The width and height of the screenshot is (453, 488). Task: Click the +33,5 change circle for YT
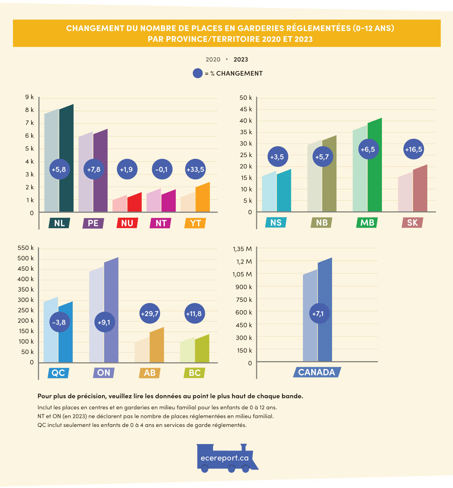coord(195,170)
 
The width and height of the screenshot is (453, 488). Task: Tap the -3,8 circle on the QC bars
coord(59,322)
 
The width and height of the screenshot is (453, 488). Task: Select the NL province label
coord(59,223)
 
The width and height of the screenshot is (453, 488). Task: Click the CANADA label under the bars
coord(317,372)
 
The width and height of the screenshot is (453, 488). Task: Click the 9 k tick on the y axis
coord(29,97)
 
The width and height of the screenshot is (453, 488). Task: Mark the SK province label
coord(412,223)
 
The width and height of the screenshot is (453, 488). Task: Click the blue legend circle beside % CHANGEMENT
coord(198,73)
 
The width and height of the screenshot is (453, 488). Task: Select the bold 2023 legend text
coord(241,59)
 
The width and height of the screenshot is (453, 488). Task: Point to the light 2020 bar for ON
coord(96,317)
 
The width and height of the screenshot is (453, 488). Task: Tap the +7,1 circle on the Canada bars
coord(317,313)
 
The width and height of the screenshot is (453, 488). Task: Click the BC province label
coord(195,373)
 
